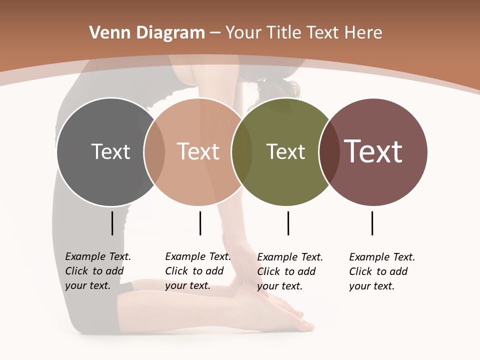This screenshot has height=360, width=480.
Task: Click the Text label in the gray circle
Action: pyautogui.click(x=110, y=151)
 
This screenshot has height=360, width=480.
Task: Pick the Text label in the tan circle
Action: pyautogui.click(x=198, y=151)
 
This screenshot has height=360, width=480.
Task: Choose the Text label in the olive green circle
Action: pyautogui.click(x=285, y=151)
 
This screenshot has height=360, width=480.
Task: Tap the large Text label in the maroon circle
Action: pyautogui.click(x=373, y=151)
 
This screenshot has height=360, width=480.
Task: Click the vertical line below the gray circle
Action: pyautogui.click(x=112, y=223)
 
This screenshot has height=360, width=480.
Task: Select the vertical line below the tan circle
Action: pyautogui.click(x=200, y=223)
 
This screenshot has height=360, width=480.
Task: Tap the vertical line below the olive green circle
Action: pyautogui.click(x=288, y=223)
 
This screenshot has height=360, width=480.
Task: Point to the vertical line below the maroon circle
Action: pyautogui.click(x=372, y=223)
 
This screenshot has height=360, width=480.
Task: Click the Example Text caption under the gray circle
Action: pyautogui.click(x=98, y=271)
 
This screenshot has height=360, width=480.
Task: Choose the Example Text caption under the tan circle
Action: pyautogui.click(x=198, y=271)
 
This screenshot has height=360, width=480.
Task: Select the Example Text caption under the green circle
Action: pyautogui.click(x=290, y=271)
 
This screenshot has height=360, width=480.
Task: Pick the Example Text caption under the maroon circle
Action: pyautogui.click(x=382, y=271)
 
